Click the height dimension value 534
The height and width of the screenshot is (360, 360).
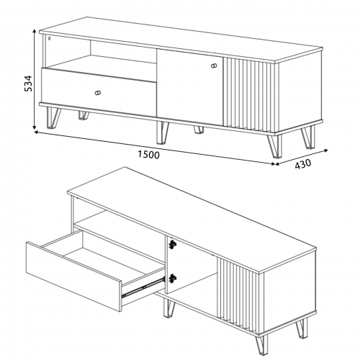tap(29, 84)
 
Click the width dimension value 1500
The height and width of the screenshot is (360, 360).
tap(148, 155)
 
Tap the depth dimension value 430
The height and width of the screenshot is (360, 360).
tap(302, 164)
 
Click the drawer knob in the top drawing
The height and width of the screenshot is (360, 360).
tap(98, 93)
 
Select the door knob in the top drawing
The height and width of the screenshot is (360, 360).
tap(214, 66)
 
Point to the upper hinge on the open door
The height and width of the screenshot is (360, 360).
tap(172, 244)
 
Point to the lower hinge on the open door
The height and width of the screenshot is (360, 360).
tap(172, 279)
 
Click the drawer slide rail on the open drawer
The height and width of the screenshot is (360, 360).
tap(143, 287)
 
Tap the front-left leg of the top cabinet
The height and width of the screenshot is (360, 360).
tap(53, 117)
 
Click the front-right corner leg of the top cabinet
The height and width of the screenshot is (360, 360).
tap(276, 146)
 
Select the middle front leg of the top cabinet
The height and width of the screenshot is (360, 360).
tap(163, 132)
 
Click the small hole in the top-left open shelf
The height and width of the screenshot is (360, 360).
tap(49, 38)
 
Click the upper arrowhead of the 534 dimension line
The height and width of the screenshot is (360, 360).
tap(35, 32)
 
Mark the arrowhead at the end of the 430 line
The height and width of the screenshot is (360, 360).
tap(326, 150)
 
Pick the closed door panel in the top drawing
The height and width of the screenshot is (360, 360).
tap(190, 86)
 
